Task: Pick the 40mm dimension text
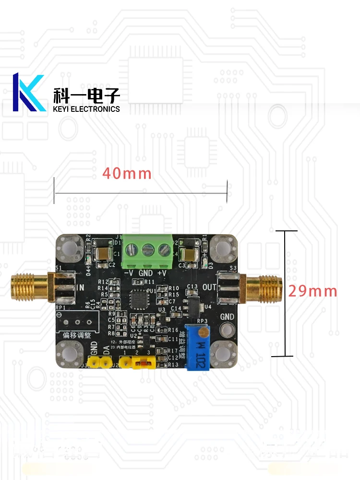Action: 127,173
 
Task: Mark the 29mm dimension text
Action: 312,291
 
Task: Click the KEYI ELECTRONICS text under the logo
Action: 86,109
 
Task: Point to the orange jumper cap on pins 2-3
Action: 142,364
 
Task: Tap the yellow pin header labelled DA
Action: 106,363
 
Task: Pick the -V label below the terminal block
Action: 129,273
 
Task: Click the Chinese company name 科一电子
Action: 86,96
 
